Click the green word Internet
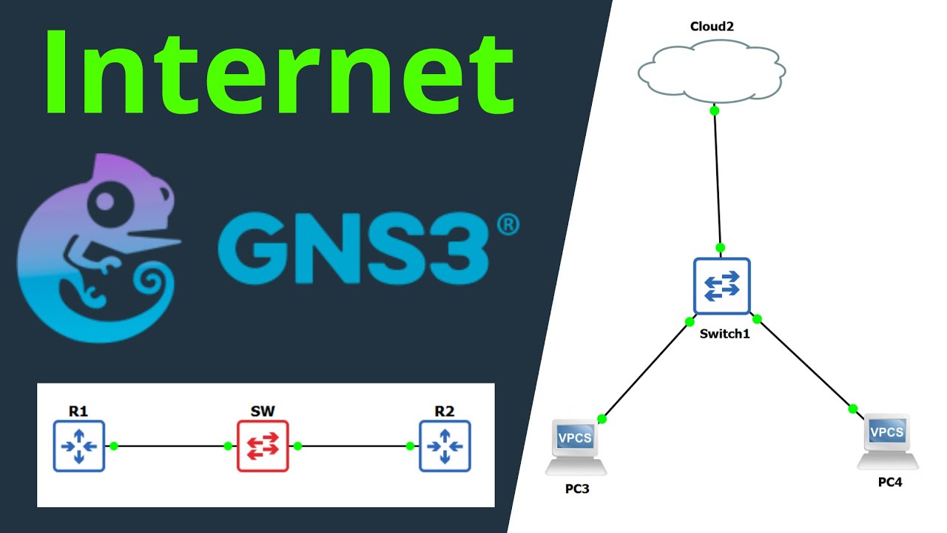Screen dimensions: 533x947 tap(280, 73)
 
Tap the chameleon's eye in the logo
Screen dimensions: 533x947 tap(106, 201)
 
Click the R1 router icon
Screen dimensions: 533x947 tap(79, 446)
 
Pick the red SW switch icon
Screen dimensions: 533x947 tap(263, 446)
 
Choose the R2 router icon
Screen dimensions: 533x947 tap(445, 446)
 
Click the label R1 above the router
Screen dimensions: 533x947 tap(78, 411)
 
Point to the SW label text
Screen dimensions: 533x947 tap(263, 411)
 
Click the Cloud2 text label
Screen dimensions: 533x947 tap(711, 27)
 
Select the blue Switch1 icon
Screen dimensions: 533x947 tap(721, 286)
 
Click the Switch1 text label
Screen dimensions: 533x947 tap(724, 334)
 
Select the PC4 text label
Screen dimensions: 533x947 tap(890, 482)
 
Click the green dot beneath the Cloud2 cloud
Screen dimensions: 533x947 tap(714, 111)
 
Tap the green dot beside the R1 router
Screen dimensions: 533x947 tap(114, 446)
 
